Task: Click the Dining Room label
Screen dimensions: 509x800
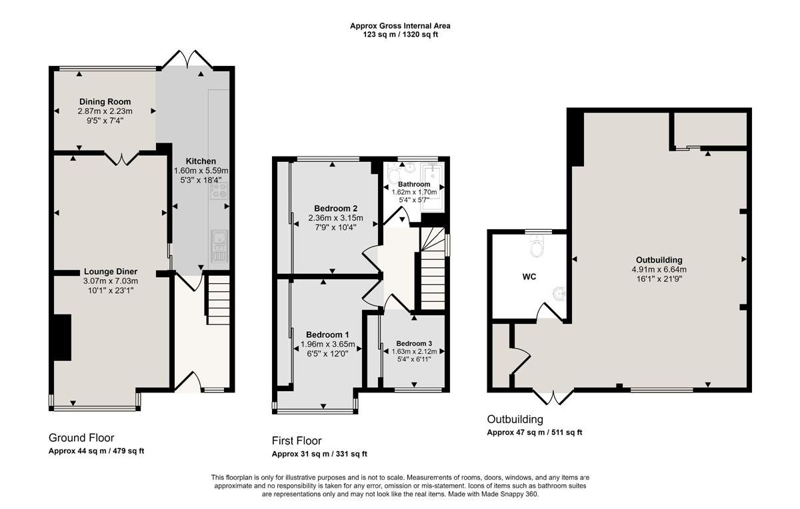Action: point(105,102)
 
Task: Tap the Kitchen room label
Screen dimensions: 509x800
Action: point(201,161)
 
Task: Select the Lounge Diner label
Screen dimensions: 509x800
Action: point(111,271)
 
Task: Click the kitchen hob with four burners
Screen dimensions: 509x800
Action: point(219,192)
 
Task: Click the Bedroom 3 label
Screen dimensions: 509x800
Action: point(414,344)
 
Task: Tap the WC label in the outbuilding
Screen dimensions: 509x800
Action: point(529,276)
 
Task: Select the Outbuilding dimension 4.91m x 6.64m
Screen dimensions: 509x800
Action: point(659,270)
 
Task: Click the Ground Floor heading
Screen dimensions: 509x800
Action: point(81,438)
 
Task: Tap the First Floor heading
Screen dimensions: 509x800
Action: point(297,440)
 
